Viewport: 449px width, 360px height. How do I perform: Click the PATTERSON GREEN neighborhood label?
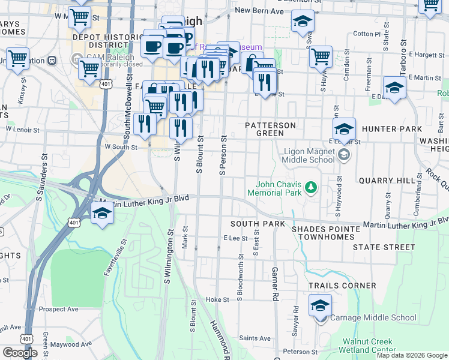tap(271, 129)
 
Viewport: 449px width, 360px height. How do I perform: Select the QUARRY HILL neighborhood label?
tap(387, 181)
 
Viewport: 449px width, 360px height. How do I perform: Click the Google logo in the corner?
tap(19, 353)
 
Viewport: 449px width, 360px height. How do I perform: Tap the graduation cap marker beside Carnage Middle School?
tap(320, 305)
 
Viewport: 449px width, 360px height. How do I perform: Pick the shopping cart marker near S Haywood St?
tap(321, 57)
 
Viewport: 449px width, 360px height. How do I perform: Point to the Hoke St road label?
tap(217, 299)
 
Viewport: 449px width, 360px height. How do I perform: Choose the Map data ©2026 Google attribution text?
tap(411, 355)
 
